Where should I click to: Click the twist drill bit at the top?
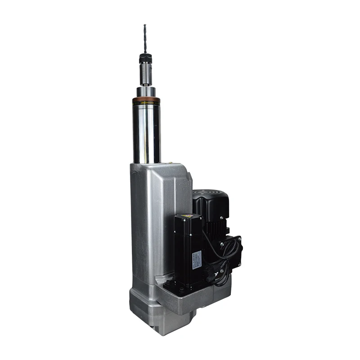[145, 39]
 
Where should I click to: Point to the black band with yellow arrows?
[146, 104]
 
